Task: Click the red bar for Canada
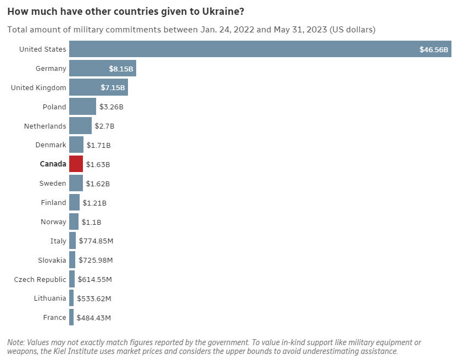(76, 164)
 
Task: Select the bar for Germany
(102, 69)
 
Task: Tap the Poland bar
(82, 107)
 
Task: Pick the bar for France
(71, 318)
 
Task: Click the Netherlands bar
(80, 126)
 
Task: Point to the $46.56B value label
(434, 49)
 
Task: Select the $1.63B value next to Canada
(98, 164)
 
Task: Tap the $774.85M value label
(96, 241)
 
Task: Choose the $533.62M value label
(94, 298)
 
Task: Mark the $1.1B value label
(92, 222)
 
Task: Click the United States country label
(42, 49)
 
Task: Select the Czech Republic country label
(40, 279)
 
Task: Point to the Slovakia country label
(52, 260)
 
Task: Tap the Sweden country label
(53, 184)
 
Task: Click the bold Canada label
(53, 164)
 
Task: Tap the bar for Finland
(74, 203)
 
